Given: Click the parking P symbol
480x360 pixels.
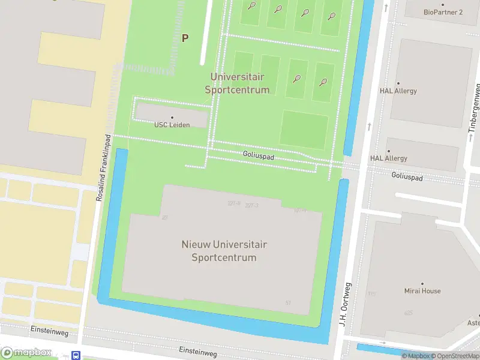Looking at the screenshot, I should [x=185, y=38].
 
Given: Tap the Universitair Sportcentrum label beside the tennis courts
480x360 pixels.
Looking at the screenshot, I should [x=237, y=83].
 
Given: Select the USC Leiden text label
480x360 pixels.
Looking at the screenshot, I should [x=172, y=125].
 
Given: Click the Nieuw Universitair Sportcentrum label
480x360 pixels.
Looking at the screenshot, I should [x=224, y=251].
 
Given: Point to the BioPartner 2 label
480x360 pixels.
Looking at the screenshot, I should [x=443, y=12].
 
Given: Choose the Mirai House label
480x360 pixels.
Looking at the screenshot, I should [x=422, y=291].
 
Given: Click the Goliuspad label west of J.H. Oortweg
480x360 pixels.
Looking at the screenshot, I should [x=259, y=155].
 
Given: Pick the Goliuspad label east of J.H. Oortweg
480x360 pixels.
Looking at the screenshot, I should [x=407, y=177].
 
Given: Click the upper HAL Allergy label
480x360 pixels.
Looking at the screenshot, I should [x=398, y=91].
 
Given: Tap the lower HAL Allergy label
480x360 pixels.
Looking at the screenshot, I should [x=388, y=158].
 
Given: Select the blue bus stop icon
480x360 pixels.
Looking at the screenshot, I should [x=76, y=355].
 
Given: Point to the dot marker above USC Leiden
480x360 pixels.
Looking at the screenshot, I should [x=172, y=118].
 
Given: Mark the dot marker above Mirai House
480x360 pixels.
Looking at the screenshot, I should [x=422, y=284].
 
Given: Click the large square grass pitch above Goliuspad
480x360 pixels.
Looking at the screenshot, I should [x=304, y=129].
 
